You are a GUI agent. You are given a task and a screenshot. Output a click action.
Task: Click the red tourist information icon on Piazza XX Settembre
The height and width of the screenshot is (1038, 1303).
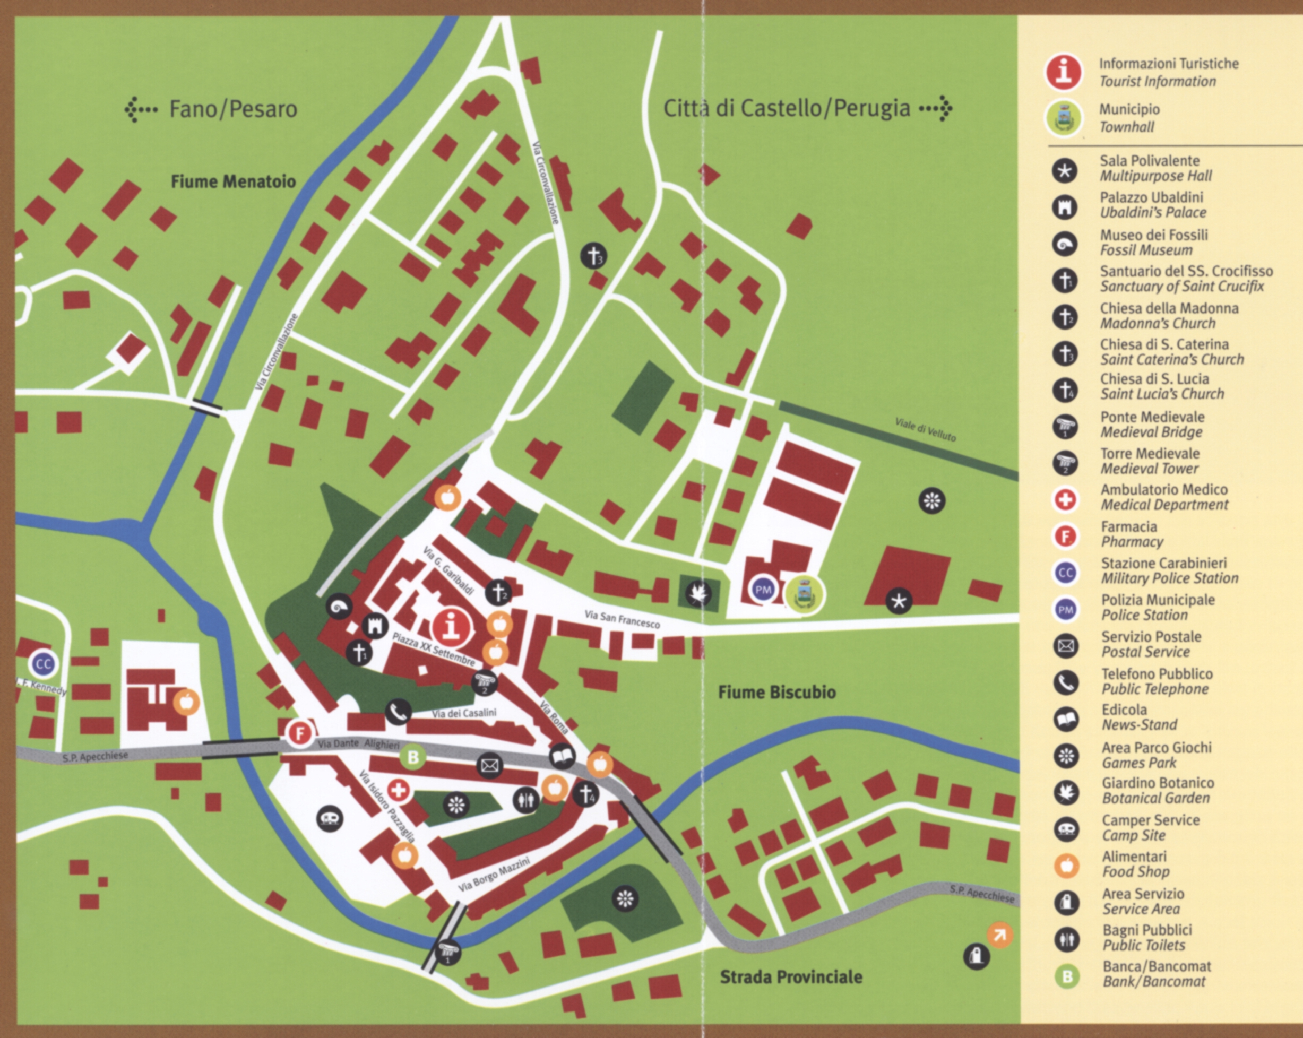tap(451, 625)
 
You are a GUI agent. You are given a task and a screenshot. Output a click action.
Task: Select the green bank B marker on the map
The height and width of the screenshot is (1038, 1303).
tap(413, 758)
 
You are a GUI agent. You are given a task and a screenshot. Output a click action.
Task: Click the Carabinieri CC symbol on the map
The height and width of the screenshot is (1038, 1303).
tap(44, 664)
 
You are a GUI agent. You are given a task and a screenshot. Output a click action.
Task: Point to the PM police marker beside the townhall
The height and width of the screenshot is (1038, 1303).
tap(763, 590)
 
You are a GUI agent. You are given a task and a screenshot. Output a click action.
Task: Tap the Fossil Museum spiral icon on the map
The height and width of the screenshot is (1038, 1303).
tap(339, 606)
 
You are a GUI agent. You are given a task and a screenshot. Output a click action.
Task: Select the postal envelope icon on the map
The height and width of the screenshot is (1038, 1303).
tap(489, 766)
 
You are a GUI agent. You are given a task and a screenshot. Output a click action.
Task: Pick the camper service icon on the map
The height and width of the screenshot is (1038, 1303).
tap(330, 819)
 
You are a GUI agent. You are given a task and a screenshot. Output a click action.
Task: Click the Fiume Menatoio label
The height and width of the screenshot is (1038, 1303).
tap(234, 181)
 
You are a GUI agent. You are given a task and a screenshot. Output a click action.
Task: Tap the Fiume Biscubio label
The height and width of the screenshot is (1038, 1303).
tap(776, 693)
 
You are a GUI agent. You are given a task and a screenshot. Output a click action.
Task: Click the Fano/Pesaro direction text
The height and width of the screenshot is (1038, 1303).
tap(232, 109)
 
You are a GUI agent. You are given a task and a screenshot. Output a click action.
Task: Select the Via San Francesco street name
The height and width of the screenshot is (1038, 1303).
tap(622, 619)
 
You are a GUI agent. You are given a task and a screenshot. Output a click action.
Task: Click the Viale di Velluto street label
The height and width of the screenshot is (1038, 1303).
tap(925, 429)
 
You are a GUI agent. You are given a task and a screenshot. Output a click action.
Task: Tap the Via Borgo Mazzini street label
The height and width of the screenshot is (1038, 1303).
tap(494, 874)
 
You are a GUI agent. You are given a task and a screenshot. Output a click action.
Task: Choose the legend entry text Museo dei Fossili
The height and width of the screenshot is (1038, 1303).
tap(1153, 235)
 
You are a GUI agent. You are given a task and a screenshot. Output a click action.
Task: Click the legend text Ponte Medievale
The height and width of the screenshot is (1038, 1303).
tap(1152, 417)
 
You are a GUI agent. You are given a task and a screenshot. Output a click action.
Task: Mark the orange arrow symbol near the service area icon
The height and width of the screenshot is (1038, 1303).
tap(999, 935)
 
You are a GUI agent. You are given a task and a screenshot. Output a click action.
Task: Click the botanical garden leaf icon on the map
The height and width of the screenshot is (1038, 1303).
tap(698, 594)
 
